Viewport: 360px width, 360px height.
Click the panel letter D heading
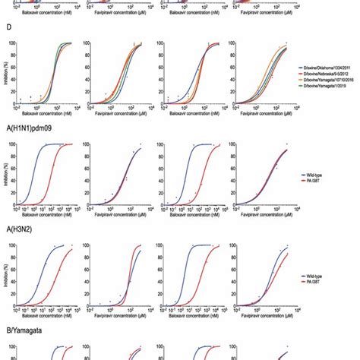(8, 31)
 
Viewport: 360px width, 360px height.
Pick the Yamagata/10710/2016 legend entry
(327, 79)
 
